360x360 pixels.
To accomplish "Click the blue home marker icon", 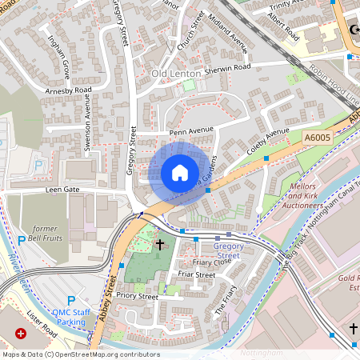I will coord(180,173).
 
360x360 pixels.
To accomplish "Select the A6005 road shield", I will coord(318,138).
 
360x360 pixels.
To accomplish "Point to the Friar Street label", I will coord(196,274).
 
